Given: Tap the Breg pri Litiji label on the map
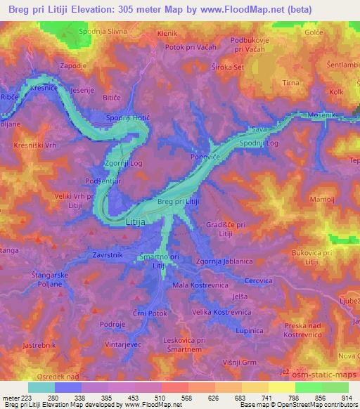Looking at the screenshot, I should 179,202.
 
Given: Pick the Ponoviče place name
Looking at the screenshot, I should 206,157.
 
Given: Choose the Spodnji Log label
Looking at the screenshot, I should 259,143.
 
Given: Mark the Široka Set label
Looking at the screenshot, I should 227,68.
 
